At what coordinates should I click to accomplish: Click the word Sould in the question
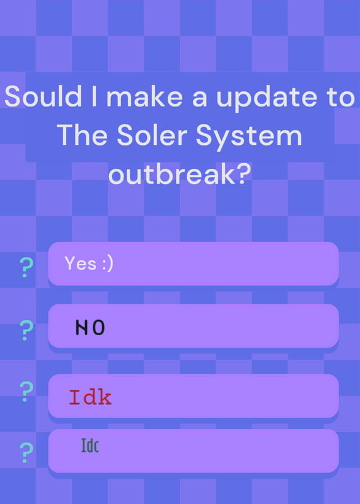pyautogui.click(x=43, y=96)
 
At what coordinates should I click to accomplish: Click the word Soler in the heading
pyautogui.click(x=152, y=135)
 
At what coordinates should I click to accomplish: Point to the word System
pyautogui.click(x=249, y=138)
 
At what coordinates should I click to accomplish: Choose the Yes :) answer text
pyautogui.click(x=89, y=263)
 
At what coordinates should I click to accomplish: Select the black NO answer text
pyautogui.click(x=90, y=328)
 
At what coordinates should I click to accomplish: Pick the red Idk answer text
pyautogui.click(x=90, y=397)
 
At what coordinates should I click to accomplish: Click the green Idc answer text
pyautogui.click(x=90, y=445)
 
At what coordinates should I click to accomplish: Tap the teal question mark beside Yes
pyautogui.click(x=25, y=267)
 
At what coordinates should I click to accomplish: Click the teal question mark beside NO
pyautogui.click(x=25, y=330)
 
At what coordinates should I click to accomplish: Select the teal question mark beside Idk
pyautogui.click(x=25, y=391)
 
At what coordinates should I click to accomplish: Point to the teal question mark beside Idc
pyautogui.click(x=25, y=452)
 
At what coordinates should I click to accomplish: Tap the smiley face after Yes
pyautogui.click(x=107, y=264)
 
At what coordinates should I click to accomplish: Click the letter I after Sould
pyautogui.click(x=94, y=96)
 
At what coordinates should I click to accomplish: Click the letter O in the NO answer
pyautogui.click(x=99, y=328)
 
